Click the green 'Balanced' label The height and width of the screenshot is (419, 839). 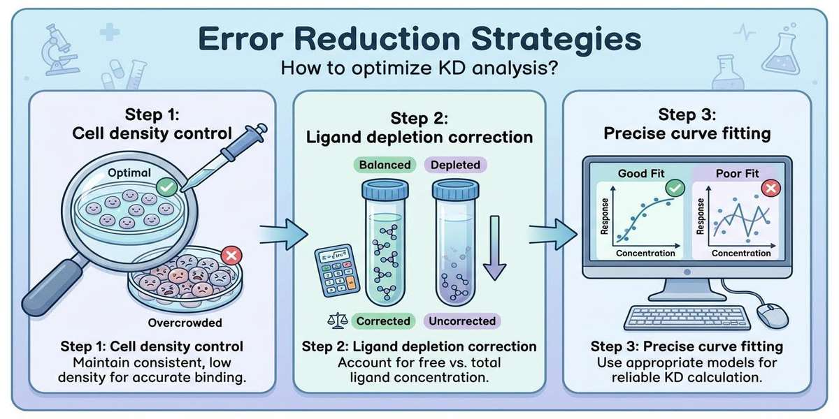coord(385,166)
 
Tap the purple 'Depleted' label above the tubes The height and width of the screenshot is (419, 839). coord(454,166)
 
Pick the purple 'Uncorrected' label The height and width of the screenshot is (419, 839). coord(461,321)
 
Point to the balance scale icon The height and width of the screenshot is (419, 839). coord(338,321)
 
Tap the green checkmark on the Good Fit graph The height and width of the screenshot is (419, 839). coord(675,187)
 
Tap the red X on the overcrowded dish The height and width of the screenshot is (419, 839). coord(229,256)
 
